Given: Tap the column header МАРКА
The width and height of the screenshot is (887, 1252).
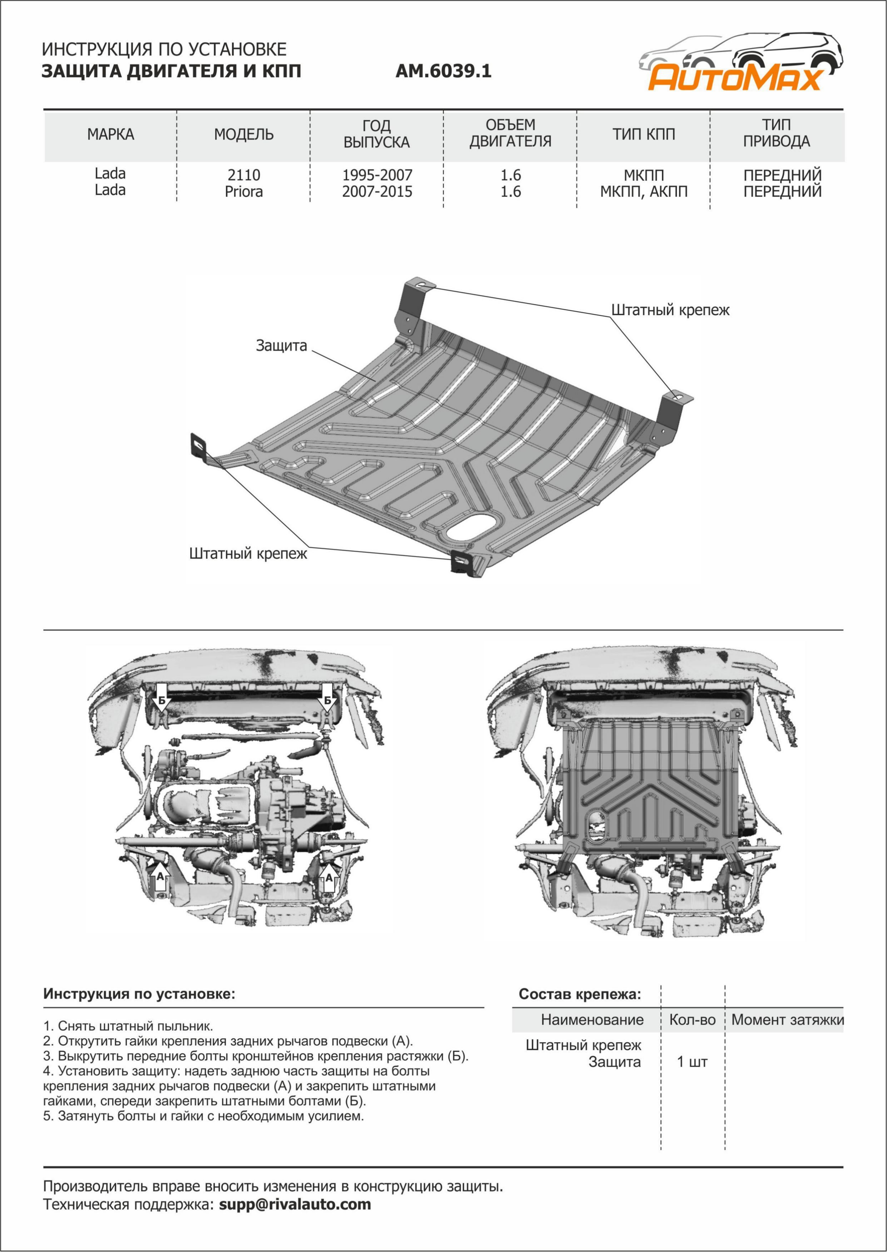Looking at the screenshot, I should pyautogui.click(x=110, y=134).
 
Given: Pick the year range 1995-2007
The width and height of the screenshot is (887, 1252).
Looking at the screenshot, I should pyautogui.click(x=377, y=175).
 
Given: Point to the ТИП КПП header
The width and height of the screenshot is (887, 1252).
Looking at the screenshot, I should pyautogui.click(x=643, y=134).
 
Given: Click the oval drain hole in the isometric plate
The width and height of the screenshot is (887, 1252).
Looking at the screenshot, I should pyautogui.click(x=471, y=527).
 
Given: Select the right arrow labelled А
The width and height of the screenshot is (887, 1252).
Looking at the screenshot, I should pyautogui.click(x=329, y=876).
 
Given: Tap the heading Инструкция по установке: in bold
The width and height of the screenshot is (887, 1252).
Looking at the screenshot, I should pyautogui.click(x=139, y=993).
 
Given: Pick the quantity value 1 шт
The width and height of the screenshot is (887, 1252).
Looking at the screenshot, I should pyautogui.click(x=692, y=1062).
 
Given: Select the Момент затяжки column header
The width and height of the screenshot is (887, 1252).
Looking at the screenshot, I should pyautogui.click(x=787, y=1020).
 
